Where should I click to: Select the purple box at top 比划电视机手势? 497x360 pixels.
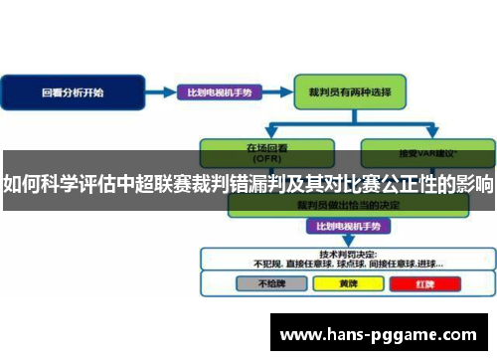coord(220,92)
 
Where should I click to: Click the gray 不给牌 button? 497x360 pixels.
coord(269,256)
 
